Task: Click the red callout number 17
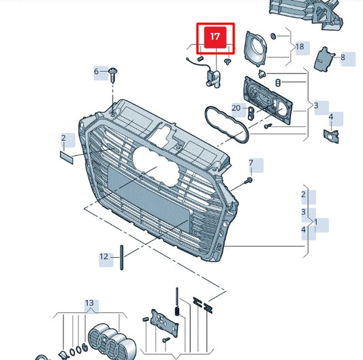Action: click(215, 38)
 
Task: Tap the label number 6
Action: click(97, 72)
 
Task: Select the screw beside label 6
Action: click(112, 73)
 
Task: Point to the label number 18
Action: click(300, 48)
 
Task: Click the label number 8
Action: click(343, 58)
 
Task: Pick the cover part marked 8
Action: click(323, 60)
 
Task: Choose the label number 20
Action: click(236, 108)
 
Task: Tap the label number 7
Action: click(251, 164)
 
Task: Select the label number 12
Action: click(104, 257)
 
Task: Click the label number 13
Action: click(89, 303)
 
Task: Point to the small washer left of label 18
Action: click(273, 35)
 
